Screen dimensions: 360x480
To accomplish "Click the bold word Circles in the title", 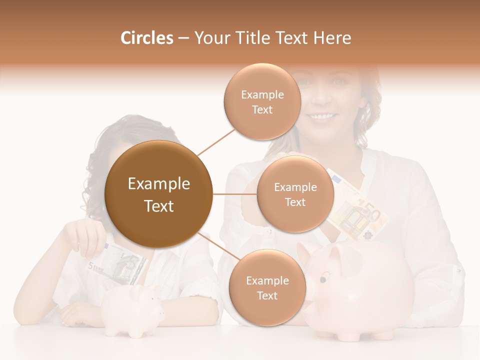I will click(146, 38).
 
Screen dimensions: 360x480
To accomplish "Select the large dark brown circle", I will click(159, 194).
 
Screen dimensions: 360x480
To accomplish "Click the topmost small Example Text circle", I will click(262, 102).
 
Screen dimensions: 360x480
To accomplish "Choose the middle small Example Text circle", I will click(295, 194).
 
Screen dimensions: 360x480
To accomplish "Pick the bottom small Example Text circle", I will click(267, 288).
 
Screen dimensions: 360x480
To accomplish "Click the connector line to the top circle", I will click(216, 141).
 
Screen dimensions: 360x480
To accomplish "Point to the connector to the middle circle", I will click(234, 194).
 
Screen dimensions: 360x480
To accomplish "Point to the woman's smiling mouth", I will click(322, 116).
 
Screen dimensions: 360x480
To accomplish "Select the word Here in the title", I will click(332, 38).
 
